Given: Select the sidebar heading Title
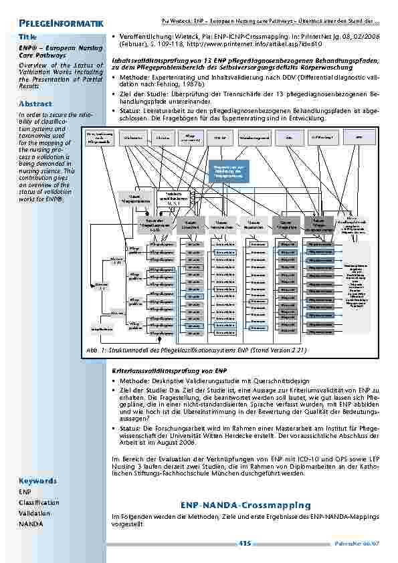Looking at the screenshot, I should tap(28, 35).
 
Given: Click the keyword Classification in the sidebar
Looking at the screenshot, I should tap(38, 502).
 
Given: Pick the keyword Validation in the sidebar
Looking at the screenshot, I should tap(34, 514).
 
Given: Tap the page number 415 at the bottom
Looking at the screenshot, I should tap(244, 544).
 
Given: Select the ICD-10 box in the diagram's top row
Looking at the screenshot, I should tap(218, 138).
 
